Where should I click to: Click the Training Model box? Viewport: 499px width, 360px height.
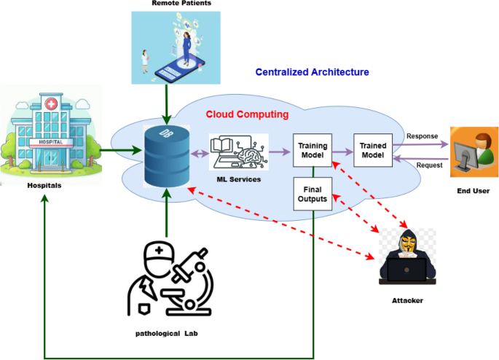click(x=313, y=151)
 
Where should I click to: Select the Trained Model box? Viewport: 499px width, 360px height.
click(x=373, y=151)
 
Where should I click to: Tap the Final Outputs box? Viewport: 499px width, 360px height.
click(x=313, y=195)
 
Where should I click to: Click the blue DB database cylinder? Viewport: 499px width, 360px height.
click(x=167, y=156)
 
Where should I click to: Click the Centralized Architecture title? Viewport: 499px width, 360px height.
click(x=312, y=72)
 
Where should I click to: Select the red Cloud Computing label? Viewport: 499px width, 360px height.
click(x=247, y=114)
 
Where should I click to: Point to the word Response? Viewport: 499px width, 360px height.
click(x=423, y=136)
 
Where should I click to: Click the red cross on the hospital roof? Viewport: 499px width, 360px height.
click(x=50, y=104)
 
